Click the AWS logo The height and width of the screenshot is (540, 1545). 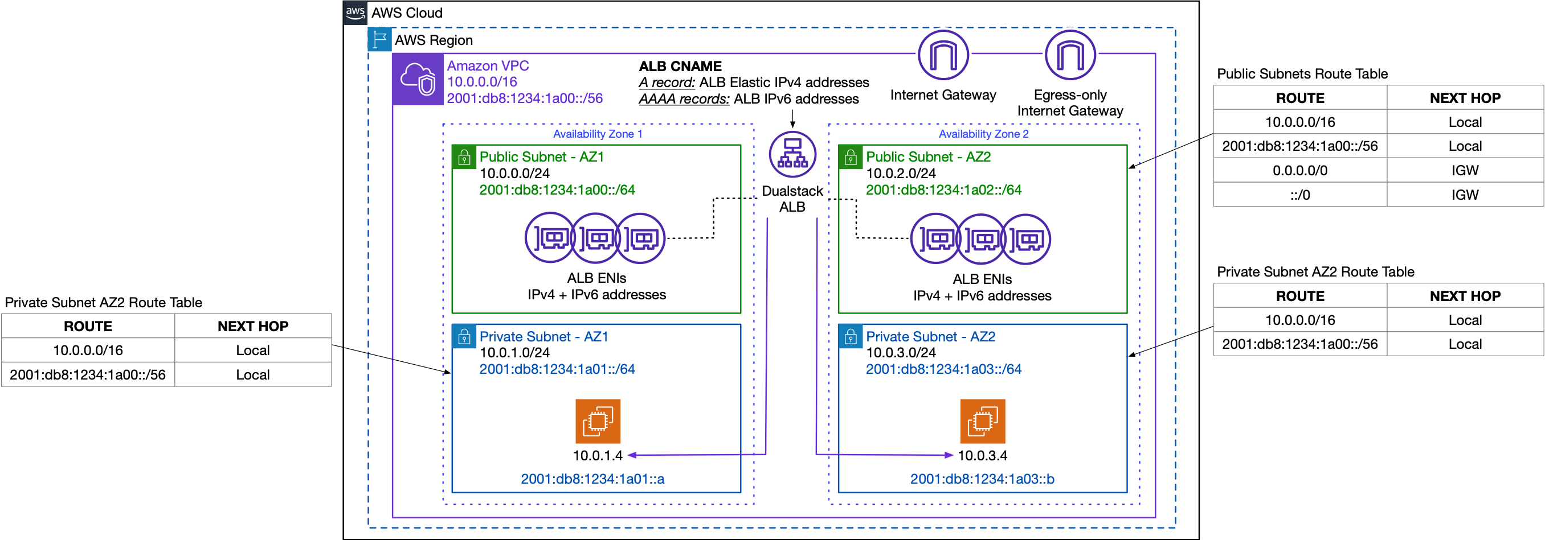[x=355, y=13]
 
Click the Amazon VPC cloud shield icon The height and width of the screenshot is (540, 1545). [x=418, y=79]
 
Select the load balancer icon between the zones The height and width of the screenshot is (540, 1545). [x=792, y=155]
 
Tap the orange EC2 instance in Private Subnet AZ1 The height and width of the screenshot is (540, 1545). [x=598, y=421]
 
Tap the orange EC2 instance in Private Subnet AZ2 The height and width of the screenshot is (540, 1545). [x=982, y=421]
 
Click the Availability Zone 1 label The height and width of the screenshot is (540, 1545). [x=598, y=134]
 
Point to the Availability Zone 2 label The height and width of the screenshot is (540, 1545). [x=983, y=134]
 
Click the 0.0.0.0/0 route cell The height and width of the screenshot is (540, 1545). [x=1299, y=170]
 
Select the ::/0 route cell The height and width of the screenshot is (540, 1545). [x=1299, y=195]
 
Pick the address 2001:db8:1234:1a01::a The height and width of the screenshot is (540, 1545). [x=592, y=479]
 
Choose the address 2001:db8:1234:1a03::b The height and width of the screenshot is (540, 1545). [x=982, y=479]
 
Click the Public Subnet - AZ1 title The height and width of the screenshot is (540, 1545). [x=542, y=157]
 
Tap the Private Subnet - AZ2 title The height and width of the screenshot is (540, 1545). [x=930, y=337]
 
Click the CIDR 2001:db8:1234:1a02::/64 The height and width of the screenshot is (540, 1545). [x=943, y=190]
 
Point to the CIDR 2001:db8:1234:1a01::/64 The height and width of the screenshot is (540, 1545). [x=557, y=369]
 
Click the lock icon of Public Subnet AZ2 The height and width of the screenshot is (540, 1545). [x=851, y=158]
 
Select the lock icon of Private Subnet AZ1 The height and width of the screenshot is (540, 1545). [x=464, y=337]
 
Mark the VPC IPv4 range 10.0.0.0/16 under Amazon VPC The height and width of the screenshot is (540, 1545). [x=481, y=82]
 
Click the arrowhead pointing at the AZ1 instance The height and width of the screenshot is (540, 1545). [x=631, y=455]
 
